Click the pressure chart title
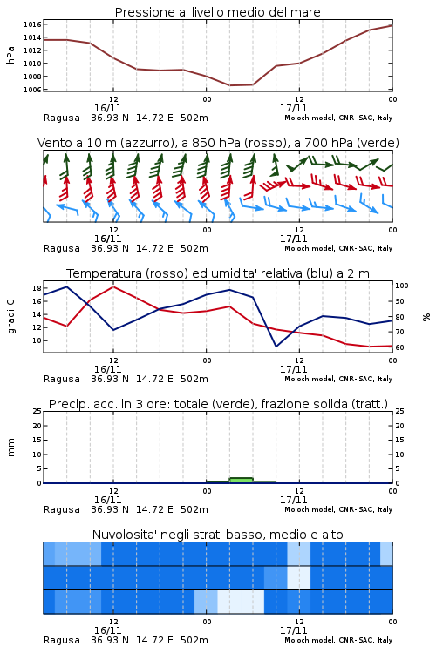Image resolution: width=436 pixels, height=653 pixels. coord(217,12)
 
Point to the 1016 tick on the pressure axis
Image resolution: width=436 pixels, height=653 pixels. coord(32,24)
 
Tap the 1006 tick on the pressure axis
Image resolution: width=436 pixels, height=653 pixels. coord(32,90)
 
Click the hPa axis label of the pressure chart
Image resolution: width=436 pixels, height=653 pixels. coord(10,55)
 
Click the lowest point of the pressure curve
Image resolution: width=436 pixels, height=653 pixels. coord(230,85)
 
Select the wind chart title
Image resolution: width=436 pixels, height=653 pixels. coord(218,143)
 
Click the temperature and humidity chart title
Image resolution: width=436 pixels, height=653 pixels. coord(218,273)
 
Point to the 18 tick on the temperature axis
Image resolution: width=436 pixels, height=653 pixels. coord(37,288)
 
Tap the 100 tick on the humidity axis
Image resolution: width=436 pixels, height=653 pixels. coord(402,286)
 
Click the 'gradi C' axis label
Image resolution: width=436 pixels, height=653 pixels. coord(10,316)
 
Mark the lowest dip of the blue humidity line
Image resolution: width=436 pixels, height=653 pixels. coord(276,346)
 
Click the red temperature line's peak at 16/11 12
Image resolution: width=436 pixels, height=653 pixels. coord(113,286)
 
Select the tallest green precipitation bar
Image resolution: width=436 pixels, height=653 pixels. coord(242,480)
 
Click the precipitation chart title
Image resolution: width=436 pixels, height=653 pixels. coord(218,404)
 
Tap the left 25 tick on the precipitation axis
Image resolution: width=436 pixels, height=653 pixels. coord(37,411)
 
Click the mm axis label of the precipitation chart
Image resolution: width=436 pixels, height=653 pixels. coord(10,448)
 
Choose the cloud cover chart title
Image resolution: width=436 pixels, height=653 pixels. coord(217,535)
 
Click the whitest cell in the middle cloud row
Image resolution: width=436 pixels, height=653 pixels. coord(299,577)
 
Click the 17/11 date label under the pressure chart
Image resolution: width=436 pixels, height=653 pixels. coord(293,108)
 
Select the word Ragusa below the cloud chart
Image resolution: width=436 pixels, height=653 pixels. coord(62,640)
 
